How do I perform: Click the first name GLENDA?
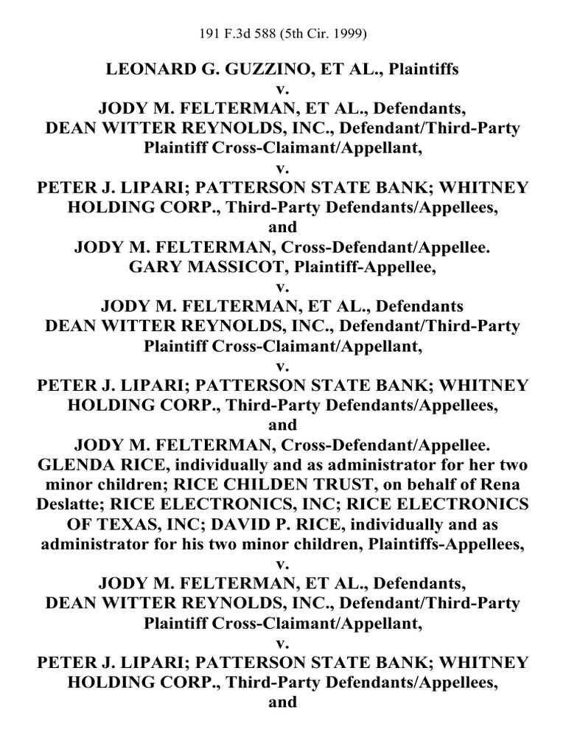tap(77, 465)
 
